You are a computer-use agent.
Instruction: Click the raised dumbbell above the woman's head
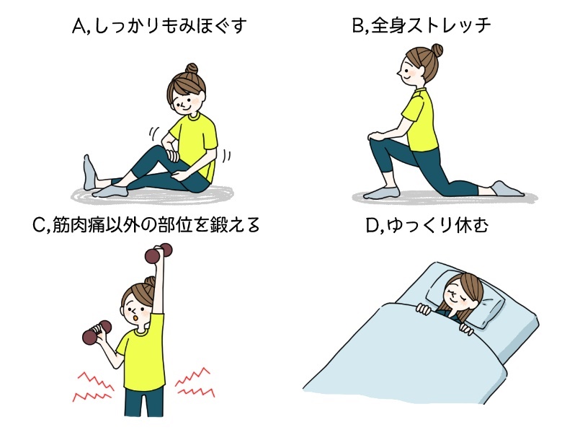pos(159,253)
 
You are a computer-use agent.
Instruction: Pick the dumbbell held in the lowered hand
pos(96,331)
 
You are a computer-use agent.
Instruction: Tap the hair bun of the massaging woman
pos(190,71)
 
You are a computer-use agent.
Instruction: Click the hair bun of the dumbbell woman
pos(150,282)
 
